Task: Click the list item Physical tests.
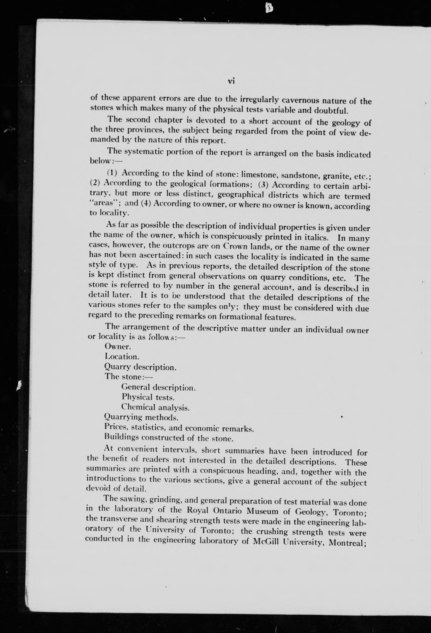148,397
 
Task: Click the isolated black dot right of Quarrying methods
342,416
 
